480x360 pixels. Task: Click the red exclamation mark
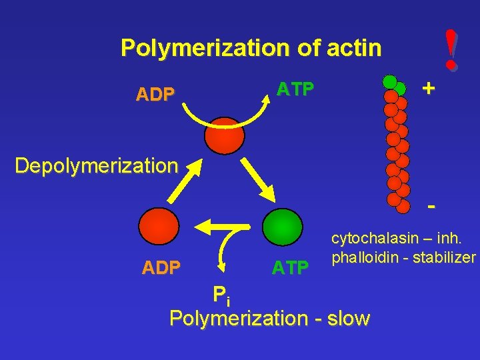click(453, 50)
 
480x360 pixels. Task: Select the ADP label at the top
click(155, 95)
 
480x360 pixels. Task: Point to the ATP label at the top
click(295, 89)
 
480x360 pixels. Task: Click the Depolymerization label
click(97, 165)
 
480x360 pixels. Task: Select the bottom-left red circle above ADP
click(161, 227)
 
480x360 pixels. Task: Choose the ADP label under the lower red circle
click(161, 268)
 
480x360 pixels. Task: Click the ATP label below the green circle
click(290, 268)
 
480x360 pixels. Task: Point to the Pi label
click(221, 295)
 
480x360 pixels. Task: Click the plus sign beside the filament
click(429, 88)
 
